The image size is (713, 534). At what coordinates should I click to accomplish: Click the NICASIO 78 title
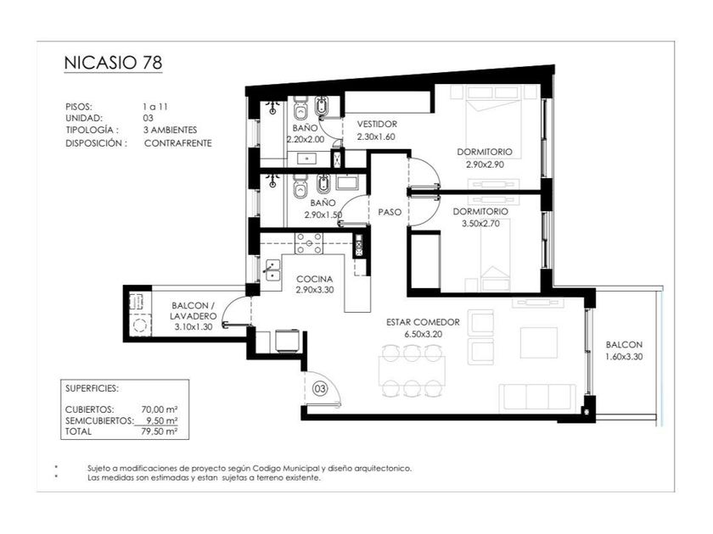coord(113,63)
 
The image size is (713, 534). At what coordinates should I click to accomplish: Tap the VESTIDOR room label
coord(377,124)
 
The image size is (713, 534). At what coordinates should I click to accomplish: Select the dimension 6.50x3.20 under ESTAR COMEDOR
coord(423,335)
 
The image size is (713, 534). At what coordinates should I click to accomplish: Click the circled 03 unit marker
coord(320,389)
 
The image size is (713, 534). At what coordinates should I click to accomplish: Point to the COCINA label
coord(315,279)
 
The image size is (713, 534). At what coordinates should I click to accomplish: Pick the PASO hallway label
coord(390,212)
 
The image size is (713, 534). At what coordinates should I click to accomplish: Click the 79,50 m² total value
coord(160,431)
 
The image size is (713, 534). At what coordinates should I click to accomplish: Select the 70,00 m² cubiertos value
coord(160,409)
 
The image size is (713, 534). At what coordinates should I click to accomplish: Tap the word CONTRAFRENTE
coord(178,143)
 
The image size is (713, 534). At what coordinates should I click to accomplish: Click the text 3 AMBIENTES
coord(170,130)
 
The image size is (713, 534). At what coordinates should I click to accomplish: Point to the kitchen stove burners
coord(309,243)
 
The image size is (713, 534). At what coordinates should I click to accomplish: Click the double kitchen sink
coord(272,270)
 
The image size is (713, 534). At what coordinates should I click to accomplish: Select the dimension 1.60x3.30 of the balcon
coord(624,357)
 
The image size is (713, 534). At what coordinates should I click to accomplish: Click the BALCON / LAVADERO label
coord(194,311)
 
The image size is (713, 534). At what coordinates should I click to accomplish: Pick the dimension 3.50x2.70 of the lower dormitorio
coord(480,224)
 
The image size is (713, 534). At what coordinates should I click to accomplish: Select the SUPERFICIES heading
coord(92,389)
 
